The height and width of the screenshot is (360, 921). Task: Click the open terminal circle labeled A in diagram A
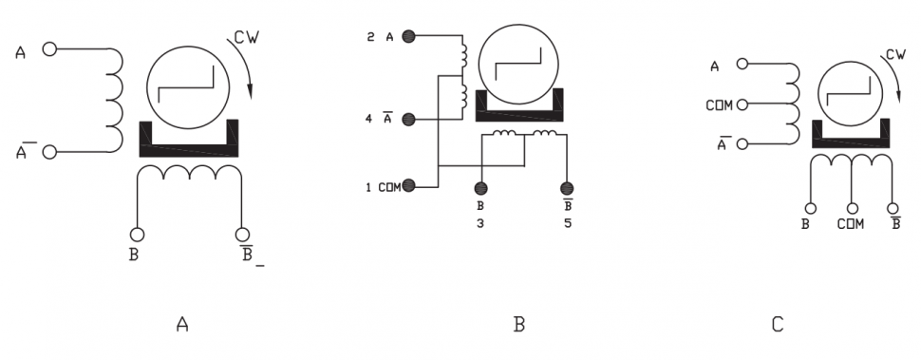coord(50,48)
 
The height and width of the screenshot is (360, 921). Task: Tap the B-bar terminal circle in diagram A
coord(242,235)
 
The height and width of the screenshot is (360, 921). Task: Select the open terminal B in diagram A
coord(137,235)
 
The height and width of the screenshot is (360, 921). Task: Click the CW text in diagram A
coord(246,37)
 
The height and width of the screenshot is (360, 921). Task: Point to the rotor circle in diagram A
coord(187,86)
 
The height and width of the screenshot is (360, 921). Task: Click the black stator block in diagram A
coord(189,139)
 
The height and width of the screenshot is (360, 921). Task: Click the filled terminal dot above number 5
coord(567,188)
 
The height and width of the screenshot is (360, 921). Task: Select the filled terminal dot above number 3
coord(481,188)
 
